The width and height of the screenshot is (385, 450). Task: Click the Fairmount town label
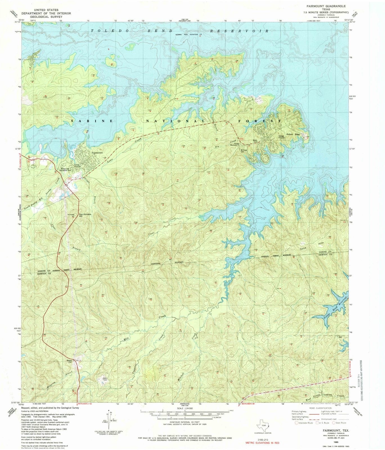[x=97, y=153]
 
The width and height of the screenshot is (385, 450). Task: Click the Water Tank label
[x=255, y=141]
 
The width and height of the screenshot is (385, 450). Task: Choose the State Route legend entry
[x=339, y=423]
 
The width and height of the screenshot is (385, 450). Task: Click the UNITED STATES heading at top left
[x=46, y=10]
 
